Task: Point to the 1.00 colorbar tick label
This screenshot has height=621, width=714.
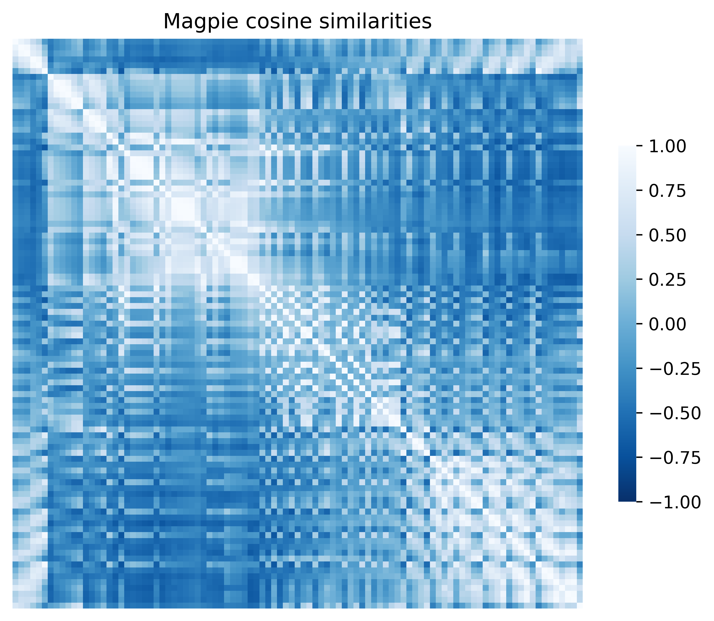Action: coord(667,147)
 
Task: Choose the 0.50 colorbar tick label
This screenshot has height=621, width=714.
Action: coord(667,236)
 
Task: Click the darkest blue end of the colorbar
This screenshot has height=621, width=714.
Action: coord(627,499)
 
